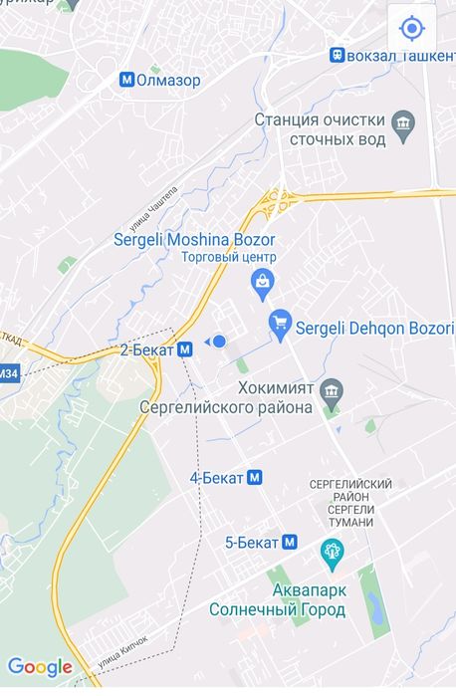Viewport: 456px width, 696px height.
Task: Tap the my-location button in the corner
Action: click(411, 27)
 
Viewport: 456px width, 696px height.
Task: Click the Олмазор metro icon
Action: click(125, 80)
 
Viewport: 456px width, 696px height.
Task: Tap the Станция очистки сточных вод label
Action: click(320, 129)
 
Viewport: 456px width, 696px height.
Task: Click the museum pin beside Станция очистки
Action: click(403, 125)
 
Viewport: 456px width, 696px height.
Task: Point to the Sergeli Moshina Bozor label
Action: click(194, 240)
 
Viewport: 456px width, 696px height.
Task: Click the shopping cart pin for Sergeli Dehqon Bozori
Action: click(280, 323)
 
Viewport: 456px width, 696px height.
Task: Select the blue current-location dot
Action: click(220, 342)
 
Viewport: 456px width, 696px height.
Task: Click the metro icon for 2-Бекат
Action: click(185, 349)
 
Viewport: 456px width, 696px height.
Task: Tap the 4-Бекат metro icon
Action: click(255, 478)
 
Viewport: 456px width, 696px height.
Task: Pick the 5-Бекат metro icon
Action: click(290, 543)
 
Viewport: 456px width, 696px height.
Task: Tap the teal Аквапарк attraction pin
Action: click(331, 550)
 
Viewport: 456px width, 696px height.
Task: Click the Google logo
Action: click(40, 667)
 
